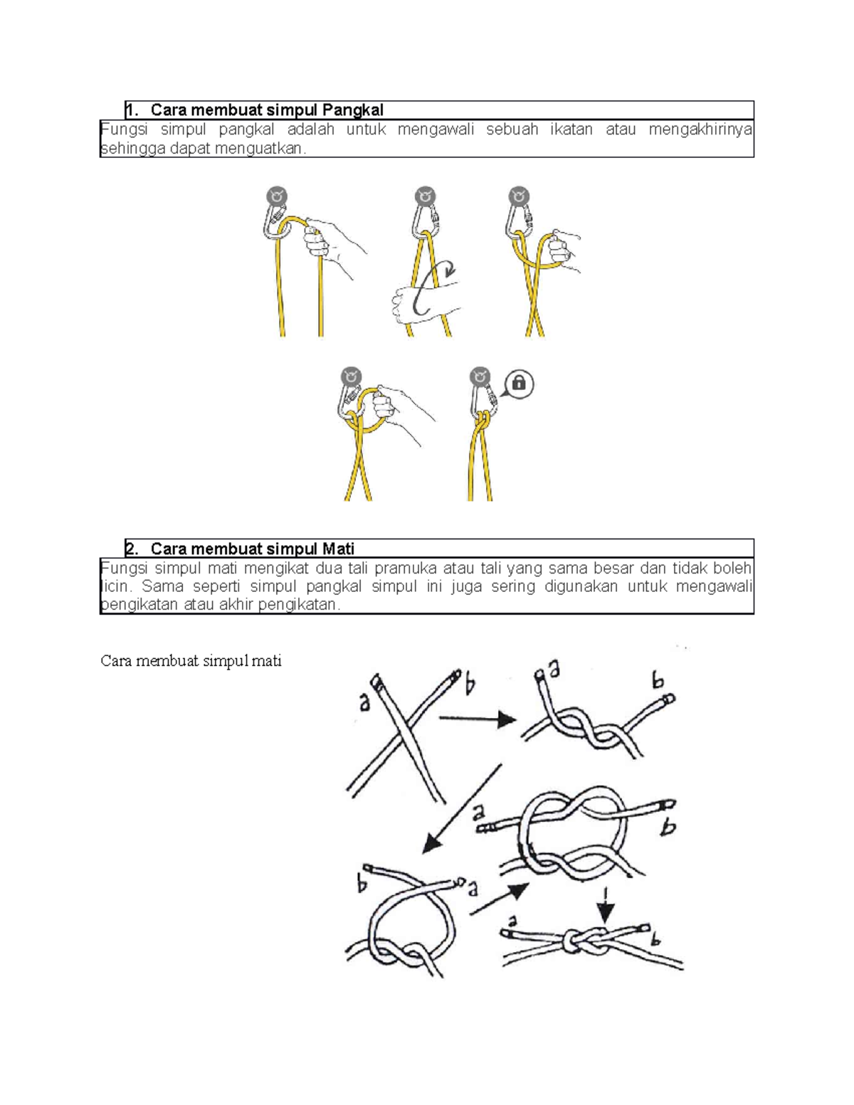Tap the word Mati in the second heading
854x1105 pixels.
click(338, 549)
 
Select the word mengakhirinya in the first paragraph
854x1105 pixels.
click(700, 129)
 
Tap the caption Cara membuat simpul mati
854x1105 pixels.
click(191, 661)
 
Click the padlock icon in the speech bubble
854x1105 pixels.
click(519, 384)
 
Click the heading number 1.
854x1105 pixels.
click(130, 110)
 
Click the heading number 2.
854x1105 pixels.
click(130, 549)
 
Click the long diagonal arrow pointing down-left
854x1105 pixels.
click(463, 809)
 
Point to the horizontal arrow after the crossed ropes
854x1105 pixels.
click(477, 719)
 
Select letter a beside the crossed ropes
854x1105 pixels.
click(364, 701)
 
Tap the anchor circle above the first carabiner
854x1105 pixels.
click(277, 196)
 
